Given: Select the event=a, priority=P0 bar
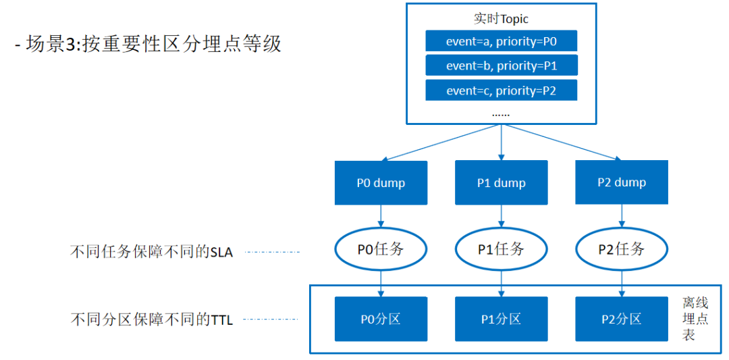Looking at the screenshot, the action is coord(501,41).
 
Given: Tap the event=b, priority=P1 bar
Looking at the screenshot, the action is coord(501,65).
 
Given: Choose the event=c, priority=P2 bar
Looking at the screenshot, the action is coord(501,90).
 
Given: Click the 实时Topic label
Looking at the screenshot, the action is coord(501,19).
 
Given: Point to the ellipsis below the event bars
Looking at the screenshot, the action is coord(501,114).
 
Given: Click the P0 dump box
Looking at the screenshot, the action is coord(381,183).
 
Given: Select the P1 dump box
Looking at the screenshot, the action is coord(501,183).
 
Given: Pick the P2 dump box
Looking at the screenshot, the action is coord(622,182).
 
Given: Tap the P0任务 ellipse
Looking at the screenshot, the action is coord(335,250).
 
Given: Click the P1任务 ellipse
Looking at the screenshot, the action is coord(456,250).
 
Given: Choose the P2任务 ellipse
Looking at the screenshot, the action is coord(576,250).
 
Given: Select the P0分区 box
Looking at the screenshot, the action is coord(381,319).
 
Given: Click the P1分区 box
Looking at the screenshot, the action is coord(501,319).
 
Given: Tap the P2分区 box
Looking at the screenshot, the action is coord(622,319).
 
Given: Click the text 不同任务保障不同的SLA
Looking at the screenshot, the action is coord(151,252).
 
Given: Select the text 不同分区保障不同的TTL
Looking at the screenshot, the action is coord(151,320).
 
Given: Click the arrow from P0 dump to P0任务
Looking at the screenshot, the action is coord(381,218).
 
